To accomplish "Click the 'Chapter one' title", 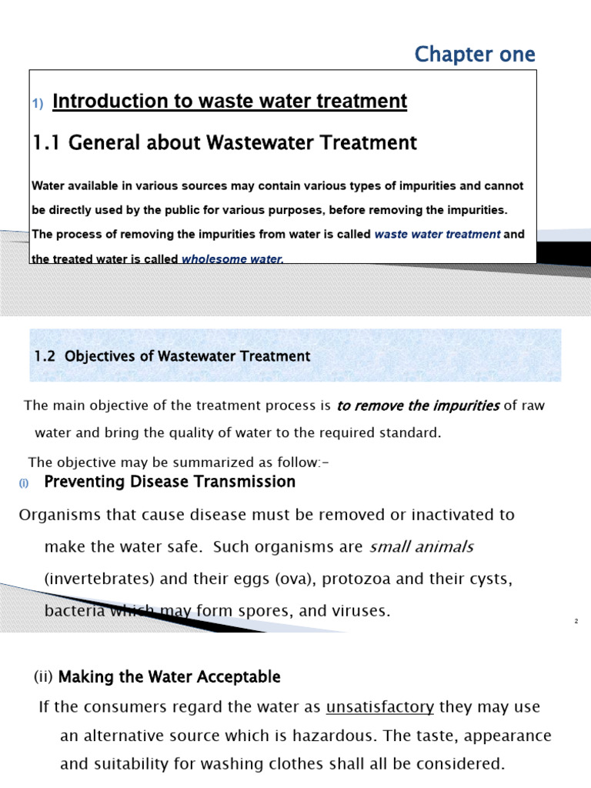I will point(474,55).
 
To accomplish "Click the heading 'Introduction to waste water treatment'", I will point(229,102).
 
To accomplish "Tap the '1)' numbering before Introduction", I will point(38,104).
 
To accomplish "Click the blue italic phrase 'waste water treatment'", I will point(437,235).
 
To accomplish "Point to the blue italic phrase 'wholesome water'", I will point(232,259).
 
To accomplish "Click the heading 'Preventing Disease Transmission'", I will point(169,482).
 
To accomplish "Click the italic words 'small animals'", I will point(422,547).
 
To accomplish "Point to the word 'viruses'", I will point(363,612).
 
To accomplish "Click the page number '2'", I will point(576,621).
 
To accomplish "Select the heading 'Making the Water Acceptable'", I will point(169,677).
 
